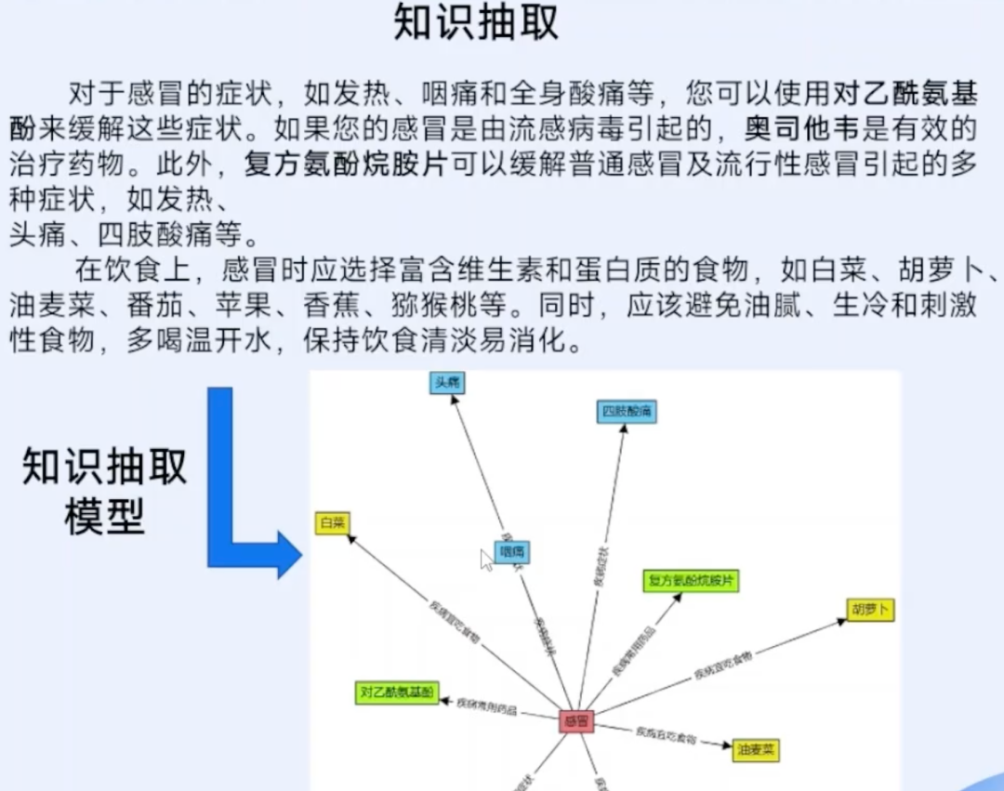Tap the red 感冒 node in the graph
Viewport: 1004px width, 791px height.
click(x=576, y=720)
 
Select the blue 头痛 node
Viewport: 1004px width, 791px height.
click(x=446, y=383)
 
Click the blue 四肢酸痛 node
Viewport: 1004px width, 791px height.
click(x=627, y=412)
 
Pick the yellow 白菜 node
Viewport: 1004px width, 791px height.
click(x=332, y=523)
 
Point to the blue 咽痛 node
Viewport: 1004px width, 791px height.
click(x=512, y=552)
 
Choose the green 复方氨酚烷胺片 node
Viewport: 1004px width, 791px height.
click(x=691, y=581)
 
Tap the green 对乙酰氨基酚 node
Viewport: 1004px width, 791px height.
click(x=397, y=692)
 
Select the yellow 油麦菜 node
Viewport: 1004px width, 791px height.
click(x=756, y=749)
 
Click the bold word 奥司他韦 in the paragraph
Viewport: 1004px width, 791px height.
click(x=786, y=125)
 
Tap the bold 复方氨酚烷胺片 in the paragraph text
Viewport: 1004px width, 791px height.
click(x=345, y=165)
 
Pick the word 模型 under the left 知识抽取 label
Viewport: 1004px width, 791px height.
click(x=105, y=516)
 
